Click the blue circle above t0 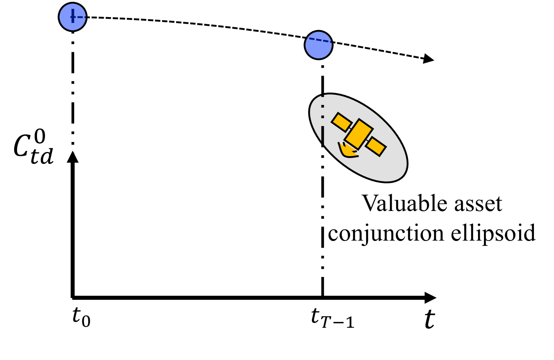pos(73,17)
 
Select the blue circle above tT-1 pos(319,44)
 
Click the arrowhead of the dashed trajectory pos(429,59)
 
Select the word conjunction pos(386,234)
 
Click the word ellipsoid pos(493,233)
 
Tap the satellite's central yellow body pos(358,134)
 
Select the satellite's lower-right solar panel pos(376,146)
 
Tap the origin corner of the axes pos(73,297)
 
